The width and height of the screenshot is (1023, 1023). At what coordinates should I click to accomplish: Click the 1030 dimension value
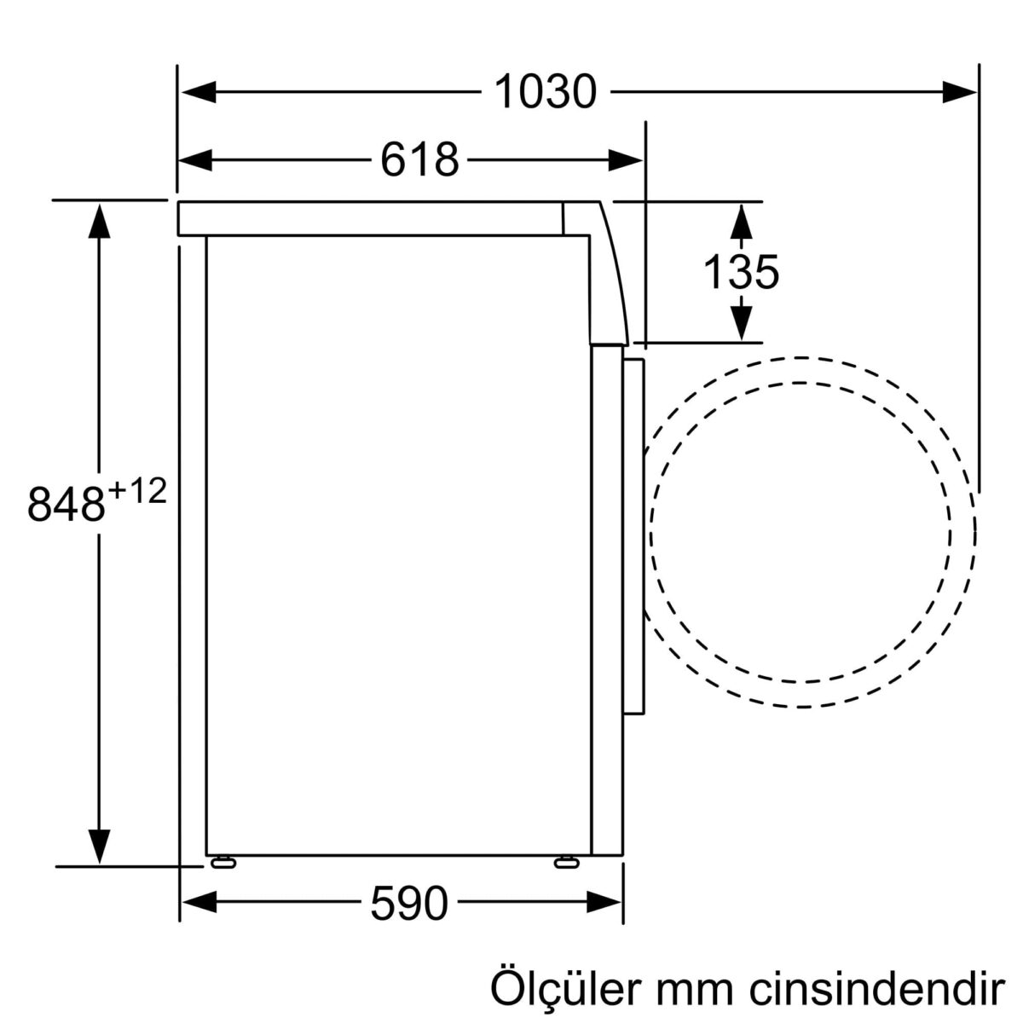(545, 92)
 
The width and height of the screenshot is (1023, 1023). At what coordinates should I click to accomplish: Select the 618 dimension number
(419, 159)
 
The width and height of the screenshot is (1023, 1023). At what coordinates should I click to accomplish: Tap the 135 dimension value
(741, 273)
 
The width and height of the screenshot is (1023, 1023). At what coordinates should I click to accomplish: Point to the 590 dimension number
(408, 902)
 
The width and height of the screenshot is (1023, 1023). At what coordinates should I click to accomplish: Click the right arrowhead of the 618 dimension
(627, 159)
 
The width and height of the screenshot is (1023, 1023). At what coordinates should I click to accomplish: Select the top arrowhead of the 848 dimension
(100, 221)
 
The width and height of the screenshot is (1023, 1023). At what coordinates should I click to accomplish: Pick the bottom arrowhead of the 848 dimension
(100, 846)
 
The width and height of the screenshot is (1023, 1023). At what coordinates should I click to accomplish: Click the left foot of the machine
(223, 863)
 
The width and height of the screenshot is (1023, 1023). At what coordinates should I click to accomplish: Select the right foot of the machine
(565, 863)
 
